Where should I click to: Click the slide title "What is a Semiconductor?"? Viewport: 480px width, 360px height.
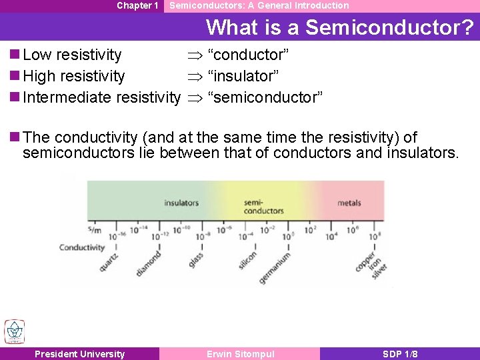[x=340, y=27]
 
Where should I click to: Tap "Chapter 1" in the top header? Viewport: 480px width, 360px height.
[x=137, y=5]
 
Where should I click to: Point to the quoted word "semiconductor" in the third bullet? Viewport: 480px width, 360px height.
[x=265, y=97]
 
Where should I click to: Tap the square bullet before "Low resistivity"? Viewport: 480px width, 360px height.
[x=15, y=55]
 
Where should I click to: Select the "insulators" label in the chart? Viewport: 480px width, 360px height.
[x=181, y=203]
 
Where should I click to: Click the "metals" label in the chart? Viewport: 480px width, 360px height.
[x=349, y=203]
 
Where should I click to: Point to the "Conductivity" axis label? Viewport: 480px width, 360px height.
[x=82, y=247]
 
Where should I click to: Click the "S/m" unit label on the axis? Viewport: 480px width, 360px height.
[x=94, y=230]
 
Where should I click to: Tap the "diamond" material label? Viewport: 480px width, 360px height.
[x=149, y=263]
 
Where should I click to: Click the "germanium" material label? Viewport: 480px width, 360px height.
[x=275, y=267]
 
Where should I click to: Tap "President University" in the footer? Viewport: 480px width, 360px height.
[x=79, y=354]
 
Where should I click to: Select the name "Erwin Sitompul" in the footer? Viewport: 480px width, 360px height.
[x=240, y=354]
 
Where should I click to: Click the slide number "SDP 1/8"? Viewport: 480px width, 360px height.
[x=400, y=354]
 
